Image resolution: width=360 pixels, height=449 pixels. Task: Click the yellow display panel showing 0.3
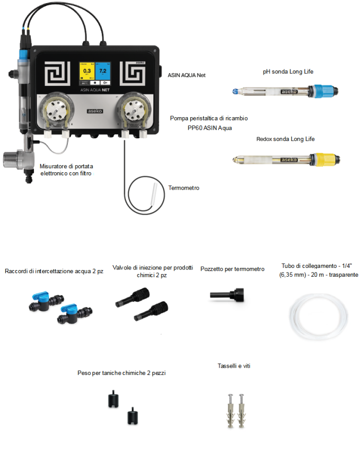click(x=87, y=71)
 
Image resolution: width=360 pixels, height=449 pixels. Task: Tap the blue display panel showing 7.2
click(x=103, y=71)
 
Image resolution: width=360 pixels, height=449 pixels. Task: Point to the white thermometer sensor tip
click(x=154, y=195)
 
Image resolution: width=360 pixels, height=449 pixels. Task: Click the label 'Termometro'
click(x=184, y=188)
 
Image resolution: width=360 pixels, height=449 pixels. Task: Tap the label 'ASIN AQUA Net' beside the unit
click(x=187, y=75)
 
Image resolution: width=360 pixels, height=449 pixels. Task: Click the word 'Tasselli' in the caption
click(x=227, y=366)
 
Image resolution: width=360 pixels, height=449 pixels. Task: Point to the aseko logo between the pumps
click(x=95, y=111)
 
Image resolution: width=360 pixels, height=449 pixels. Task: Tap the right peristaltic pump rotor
click(x=134, y=110)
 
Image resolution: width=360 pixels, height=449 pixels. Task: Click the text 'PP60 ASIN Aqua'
click(x=210, y=128)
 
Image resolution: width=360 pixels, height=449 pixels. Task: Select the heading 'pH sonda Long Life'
click(x=288, y=71)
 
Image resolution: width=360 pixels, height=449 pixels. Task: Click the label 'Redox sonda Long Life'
click(x=285, y=139)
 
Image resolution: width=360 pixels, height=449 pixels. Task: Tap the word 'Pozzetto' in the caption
click(x=212, y=269)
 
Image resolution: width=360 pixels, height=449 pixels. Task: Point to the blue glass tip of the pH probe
click(x=236, y=92)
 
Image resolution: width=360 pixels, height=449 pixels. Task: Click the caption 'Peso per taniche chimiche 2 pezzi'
click(x=121, y=373)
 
